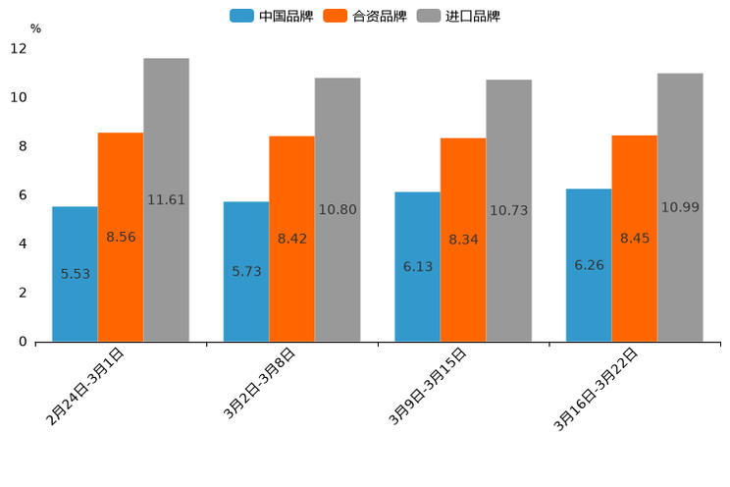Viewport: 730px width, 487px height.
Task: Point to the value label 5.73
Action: click(246, 271)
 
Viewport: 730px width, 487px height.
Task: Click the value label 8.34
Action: click(463, 240)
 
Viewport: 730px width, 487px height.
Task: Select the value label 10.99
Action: click(680, 207)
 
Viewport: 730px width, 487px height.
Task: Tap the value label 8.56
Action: click(121, 237)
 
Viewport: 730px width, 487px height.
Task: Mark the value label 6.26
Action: click(589, 265)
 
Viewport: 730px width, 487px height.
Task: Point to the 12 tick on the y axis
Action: click(19, 48)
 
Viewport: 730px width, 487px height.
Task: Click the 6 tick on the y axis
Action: click(23, 195)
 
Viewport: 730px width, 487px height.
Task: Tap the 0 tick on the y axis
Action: click(23, 342)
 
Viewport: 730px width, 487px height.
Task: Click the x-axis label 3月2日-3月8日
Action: click(258, 384)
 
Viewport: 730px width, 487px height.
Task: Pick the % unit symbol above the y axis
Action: click(35, 28)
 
